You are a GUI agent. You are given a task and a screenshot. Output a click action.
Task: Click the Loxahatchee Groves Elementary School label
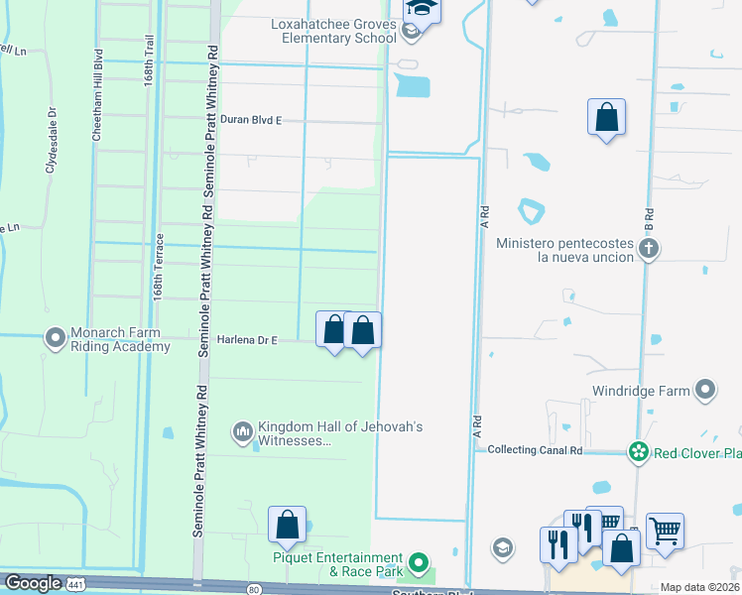[x=332, y=31]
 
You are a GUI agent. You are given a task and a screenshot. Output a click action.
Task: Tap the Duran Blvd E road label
[x=251, y=120]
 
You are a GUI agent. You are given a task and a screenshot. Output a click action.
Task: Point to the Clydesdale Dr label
[x=52, y=149]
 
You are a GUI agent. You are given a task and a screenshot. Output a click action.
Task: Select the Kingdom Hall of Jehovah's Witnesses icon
[x=242, y=432]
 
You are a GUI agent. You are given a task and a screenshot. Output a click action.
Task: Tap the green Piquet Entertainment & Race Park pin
[x=421, y=564]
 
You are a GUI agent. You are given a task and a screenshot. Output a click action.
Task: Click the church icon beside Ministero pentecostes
[x=649, y=249]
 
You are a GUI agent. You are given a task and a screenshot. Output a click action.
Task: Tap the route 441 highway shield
[x=75, y=585]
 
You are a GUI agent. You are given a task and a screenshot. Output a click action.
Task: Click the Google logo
[x=33, y=584]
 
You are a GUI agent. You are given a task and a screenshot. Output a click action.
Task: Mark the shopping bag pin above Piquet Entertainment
[x=288, y=526]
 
